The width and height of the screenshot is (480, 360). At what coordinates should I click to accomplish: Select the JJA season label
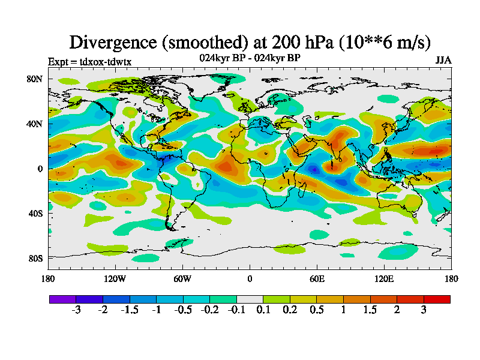[x=443, y=61]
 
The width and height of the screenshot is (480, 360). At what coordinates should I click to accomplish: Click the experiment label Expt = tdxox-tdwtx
[x=89, y=61]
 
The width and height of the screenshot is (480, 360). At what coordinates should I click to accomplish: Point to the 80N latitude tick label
[x=33, y=79]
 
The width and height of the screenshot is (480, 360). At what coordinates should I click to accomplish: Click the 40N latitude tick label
[x=33, y=124]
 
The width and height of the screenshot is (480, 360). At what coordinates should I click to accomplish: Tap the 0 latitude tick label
[x=40, y=169]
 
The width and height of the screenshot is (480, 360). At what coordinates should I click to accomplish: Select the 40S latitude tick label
[x=34, y=214]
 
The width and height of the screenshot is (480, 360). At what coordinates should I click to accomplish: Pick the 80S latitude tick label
[x=34, y=259]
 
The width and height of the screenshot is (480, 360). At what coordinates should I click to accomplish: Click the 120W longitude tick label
[x=115, y=278]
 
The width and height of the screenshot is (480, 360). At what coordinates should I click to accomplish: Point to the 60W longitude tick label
[x=182, y=278]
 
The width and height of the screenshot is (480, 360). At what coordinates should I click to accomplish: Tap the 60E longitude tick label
[x=317, y=278]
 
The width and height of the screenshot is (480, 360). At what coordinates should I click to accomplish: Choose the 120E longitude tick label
[x=384, y=278]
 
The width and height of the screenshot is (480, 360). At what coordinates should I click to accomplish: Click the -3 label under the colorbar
[x=76, y=310]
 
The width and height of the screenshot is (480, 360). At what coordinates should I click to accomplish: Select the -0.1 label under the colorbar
[x=236, y=310]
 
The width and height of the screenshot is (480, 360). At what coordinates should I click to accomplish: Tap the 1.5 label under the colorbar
[x=370, y=310]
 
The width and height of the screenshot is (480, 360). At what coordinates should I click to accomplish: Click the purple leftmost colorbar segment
[x=62, y=299]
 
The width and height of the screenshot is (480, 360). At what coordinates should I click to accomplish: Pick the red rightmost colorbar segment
[x=437, y=299]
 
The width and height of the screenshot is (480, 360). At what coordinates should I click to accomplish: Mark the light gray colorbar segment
[x=250, y=299]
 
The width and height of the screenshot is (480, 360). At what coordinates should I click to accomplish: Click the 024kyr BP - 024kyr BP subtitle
[x=250, y=58]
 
